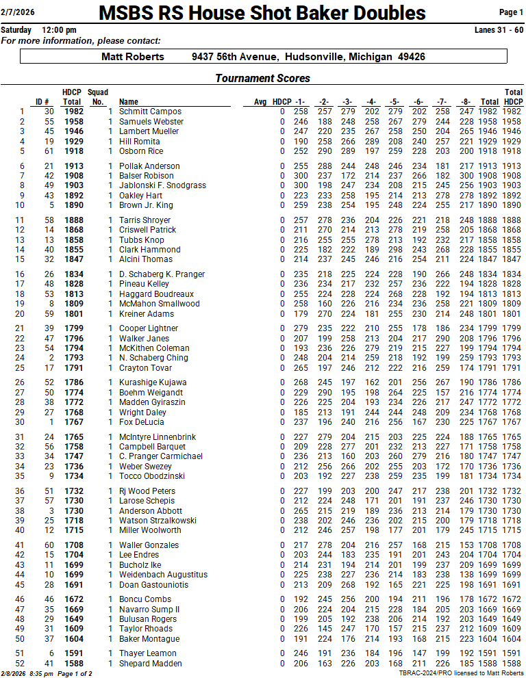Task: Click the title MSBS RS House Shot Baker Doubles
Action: tap(262, 13)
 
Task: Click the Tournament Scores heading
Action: tap(262, 79)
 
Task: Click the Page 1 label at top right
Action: tap(511, 12)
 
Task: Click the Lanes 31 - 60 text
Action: tap(499, 30)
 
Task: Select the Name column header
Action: tap(129, 102)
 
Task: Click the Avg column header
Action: tap(260, 102)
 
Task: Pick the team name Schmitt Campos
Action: tap(150, 112)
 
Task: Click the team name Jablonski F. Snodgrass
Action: tap(162, 185)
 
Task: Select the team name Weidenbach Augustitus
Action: tap(163, 575)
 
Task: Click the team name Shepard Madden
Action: tap(151, 664)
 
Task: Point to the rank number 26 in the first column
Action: tap(20, 382)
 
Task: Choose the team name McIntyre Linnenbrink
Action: tap(158, 437)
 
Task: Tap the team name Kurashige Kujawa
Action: tap(153, 382)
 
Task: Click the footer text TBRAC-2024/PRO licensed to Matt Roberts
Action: tap(461, 673)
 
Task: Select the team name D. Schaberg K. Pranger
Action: tap(162, 274)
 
